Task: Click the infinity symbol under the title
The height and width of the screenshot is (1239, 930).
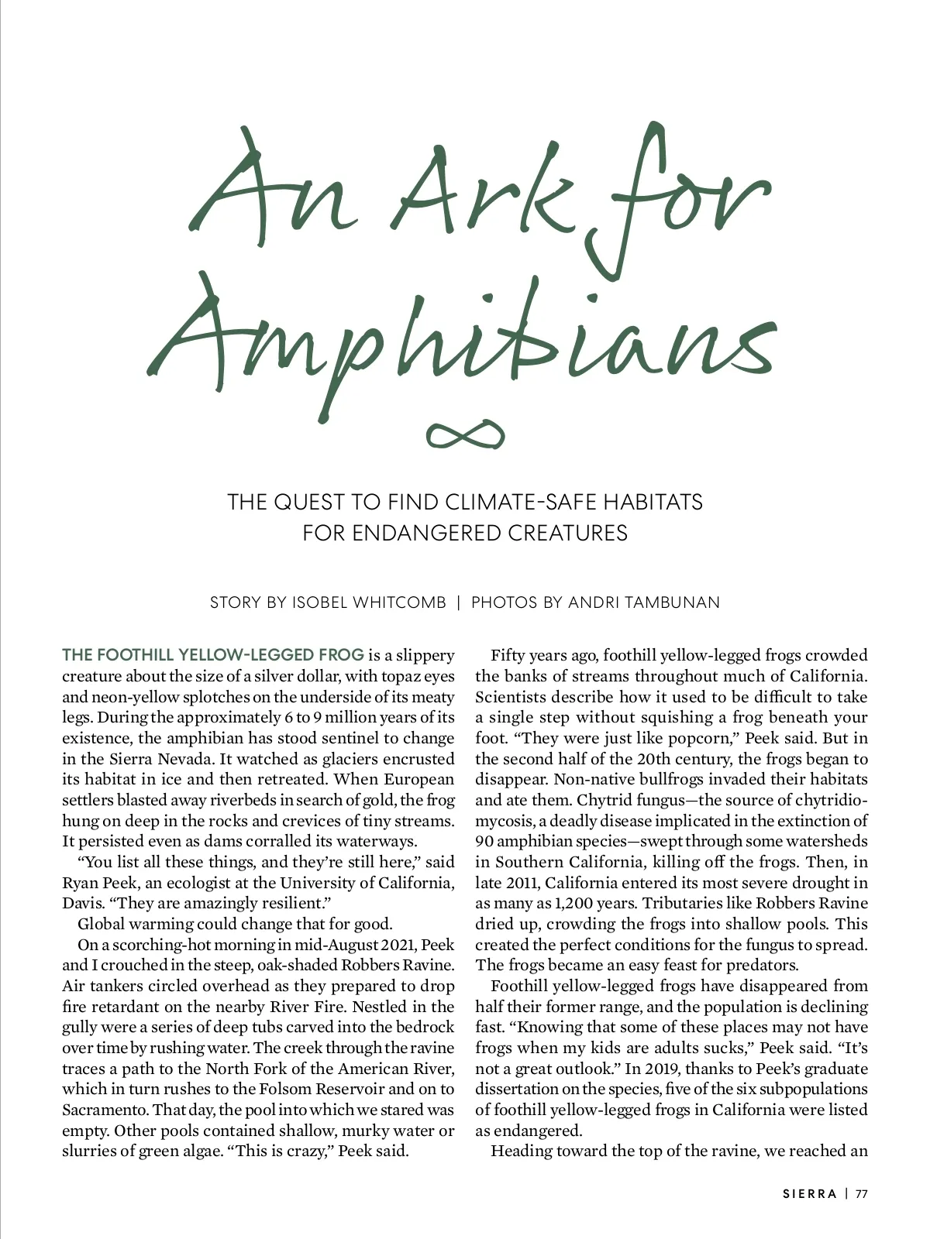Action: [466, 435]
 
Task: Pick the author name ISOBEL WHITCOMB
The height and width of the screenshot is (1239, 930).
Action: [369, 602]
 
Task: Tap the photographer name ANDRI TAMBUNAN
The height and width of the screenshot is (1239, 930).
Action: [644, 602]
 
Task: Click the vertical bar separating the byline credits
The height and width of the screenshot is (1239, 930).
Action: [459, 602]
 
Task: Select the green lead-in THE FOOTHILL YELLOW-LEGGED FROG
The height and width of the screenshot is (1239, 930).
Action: [213, 655]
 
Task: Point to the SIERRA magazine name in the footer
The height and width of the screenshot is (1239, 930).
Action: [810, 1193]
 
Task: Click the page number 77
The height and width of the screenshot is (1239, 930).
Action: [862, 1193]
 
